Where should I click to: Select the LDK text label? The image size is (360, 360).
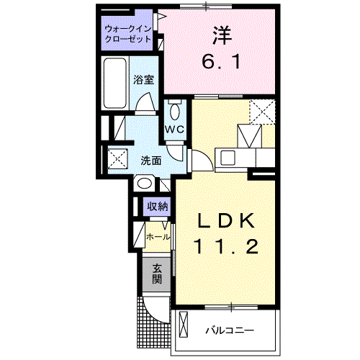pyautogui.click(x=225, y=218)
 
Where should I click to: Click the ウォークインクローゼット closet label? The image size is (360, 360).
pyautogui.click(x=128, y=34)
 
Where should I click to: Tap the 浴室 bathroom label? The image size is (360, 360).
pyautogui.click(x=144, y=80)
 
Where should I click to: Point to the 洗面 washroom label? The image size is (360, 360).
pyautogui.click(x=150, y=161)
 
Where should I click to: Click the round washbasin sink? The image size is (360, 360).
pyautogui.click(x=144, y=183)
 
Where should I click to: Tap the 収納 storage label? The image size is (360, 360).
pyautogui.click(x=158, y=207)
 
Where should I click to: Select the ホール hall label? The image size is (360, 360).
pyautogui.click(x=158, y=236)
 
